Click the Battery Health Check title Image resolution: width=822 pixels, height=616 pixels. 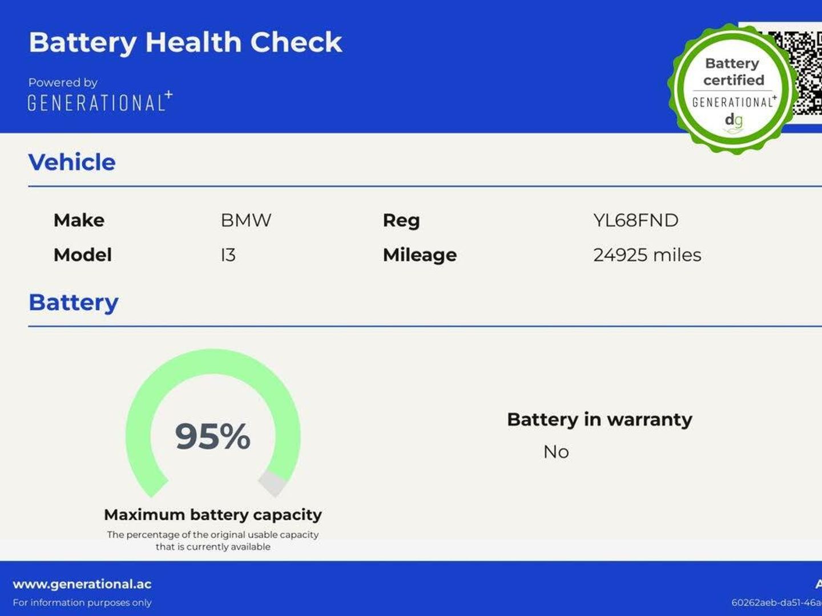186,43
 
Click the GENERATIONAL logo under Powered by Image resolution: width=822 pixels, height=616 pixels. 100,102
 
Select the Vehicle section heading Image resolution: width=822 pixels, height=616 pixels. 72,163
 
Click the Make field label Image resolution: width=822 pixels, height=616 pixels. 79,220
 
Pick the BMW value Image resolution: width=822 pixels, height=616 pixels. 246,220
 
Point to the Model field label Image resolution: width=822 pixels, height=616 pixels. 83,255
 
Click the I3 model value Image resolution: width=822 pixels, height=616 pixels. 228,255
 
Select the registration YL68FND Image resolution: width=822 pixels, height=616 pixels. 636,220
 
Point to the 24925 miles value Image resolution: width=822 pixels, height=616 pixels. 647,255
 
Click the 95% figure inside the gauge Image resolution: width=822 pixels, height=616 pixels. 213,436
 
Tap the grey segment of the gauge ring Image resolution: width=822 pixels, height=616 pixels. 273,484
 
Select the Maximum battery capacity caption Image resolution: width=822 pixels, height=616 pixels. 213,515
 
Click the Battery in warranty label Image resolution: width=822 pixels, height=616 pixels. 599,420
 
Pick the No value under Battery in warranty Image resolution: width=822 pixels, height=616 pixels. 556,452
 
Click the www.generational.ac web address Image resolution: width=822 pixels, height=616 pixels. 82,585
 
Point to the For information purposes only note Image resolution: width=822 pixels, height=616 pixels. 82,603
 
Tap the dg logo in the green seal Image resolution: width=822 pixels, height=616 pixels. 734,120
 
